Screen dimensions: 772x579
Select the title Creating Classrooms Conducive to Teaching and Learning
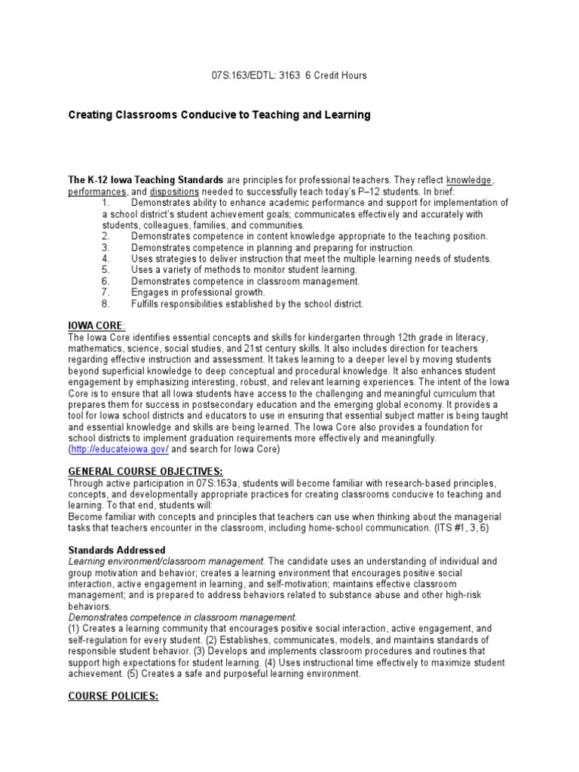[x=219, y=115]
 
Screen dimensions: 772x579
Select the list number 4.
[x=106, y=259]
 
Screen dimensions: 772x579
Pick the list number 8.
[x=106, y=304]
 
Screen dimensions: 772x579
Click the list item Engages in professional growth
[x=198, y=293]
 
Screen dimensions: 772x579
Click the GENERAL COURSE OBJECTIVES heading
[x=146, y=471]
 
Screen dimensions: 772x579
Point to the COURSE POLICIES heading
[x=114, y=697]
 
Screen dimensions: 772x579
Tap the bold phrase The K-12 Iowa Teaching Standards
[x=146, y=181]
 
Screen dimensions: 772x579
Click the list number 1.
[x=106, y=203]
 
